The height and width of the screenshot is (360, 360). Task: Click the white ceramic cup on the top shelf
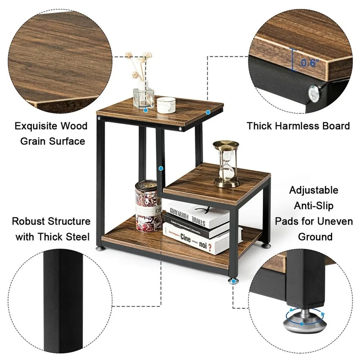click(165, 104)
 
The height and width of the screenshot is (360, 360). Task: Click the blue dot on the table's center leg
click(161, 169)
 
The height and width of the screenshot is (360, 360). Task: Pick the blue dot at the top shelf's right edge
click(208, 112)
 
